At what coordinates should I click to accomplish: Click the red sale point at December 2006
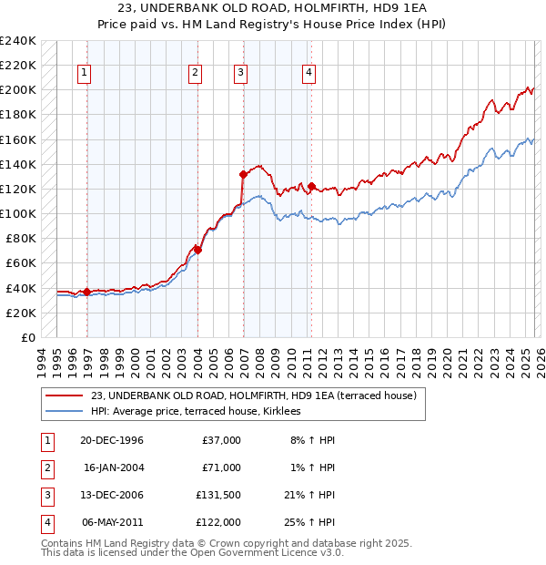pyautogui.click(x=243, y=174)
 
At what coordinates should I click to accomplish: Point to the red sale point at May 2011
pyautogui.click(x=311, y=186)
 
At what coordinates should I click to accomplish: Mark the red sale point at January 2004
pyautogui.click(x=197, y=249)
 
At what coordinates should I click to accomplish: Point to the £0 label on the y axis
pyautogui.click(x=27, y=337)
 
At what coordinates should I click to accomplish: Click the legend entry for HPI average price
pyautogui.click(x=202, y=412)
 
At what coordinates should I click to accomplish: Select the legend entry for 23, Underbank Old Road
pyautogui.click(x=253, y=395)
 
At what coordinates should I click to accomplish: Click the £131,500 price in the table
pyautogui.click(x=218, y=496)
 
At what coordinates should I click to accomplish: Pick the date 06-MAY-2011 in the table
pyautogui.click(x=112, y=522)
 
